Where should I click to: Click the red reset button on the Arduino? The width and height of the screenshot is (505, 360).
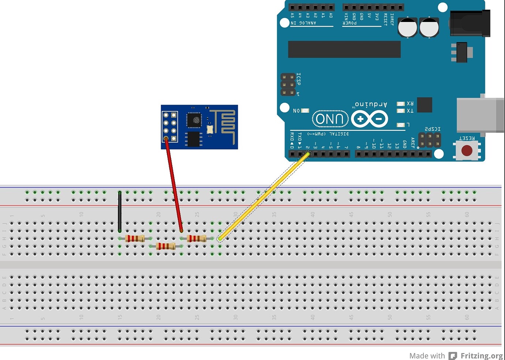click(x=467, y=150)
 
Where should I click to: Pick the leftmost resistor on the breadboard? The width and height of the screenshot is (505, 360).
click(x=135, y=239)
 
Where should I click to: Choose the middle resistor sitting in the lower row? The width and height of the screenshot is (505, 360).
click(x=166, y=246)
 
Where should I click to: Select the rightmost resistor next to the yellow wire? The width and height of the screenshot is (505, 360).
click(x=197, y=239)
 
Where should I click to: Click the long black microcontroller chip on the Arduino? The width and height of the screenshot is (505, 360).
click(x=344, y=49)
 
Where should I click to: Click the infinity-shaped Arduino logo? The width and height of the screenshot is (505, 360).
click(x=370, y=119)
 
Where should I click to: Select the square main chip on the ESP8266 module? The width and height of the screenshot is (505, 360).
click(x=194, y=120)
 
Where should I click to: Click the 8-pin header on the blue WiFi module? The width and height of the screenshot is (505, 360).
click(x=170, y=127)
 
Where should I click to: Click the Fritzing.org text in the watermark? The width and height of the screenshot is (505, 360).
click(x=481, y=356)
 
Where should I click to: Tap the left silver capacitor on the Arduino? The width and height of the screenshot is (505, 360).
click(x=407, y=28)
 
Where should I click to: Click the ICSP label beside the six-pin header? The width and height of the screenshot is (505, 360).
click(x=299, y=79)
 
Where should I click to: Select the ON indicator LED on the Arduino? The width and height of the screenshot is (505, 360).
click(x=305, y=110)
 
